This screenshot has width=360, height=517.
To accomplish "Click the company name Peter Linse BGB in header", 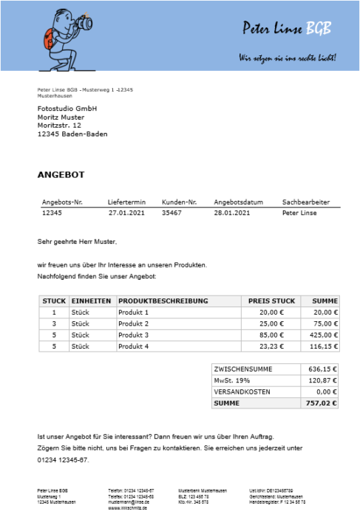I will click(x=287, y=28).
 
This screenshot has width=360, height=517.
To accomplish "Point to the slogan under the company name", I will click(x=286, y=57).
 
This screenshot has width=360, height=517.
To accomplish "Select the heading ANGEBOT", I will click(x=61, y=175).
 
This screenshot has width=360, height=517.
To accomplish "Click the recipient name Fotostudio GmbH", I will click(x=67, y=109).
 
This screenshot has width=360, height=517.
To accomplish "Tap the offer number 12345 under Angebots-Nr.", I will click(x=51, y=213).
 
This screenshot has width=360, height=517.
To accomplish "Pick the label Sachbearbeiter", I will click(x=305, y=202).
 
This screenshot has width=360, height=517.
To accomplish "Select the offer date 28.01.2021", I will click(x=233, y=213).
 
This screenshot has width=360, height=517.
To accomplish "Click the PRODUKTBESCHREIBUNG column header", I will click(x=163, y=301).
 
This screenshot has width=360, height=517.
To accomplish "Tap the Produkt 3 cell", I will click(x=133, y=335).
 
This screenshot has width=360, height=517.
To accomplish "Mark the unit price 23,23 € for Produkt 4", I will click(x=271, y=346).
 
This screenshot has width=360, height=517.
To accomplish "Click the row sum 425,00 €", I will click(x=323, y=335).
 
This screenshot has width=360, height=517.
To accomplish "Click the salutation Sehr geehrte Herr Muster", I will click(x=77, y=241).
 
